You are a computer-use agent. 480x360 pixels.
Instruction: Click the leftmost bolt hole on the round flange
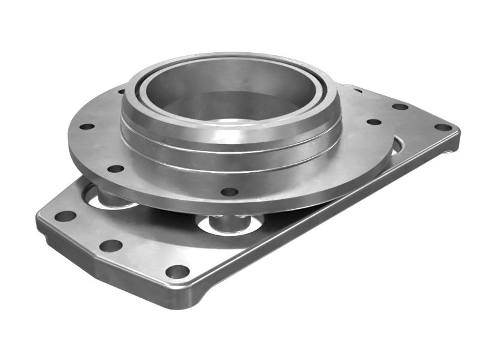87,127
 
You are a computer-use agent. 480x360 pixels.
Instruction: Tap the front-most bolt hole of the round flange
229,192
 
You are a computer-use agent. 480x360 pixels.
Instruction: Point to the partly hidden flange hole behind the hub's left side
122,92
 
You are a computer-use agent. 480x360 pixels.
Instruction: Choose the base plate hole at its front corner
177,271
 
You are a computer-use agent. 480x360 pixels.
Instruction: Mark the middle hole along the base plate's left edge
110,245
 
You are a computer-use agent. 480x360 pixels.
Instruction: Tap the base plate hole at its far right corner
443,127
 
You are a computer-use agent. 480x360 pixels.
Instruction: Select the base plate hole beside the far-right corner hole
400,107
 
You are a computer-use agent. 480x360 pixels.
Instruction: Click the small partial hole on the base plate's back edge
358,91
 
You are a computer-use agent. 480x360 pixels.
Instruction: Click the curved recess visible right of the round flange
397,146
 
